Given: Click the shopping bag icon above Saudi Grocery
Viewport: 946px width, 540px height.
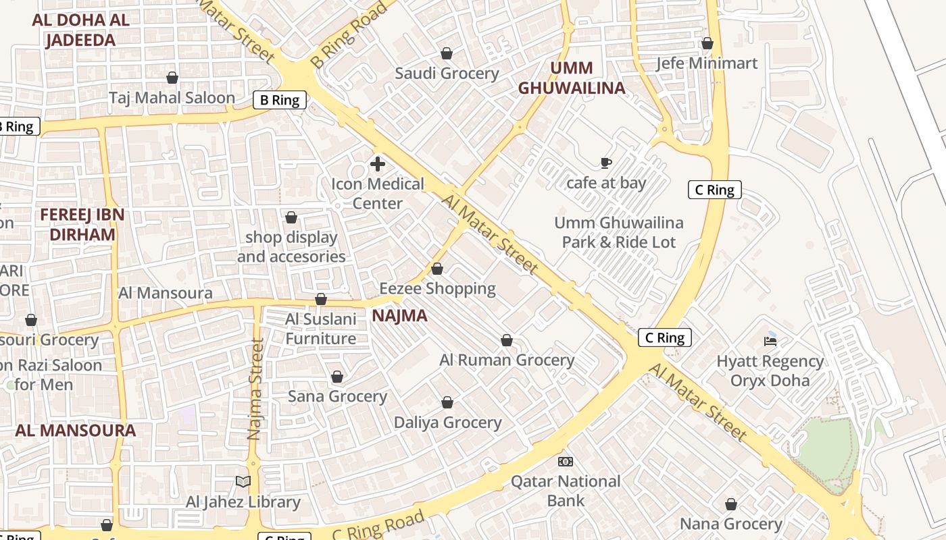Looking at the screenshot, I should [x=446, y=53].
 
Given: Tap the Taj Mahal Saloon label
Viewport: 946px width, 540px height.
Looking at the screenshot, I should [x=172, y=98].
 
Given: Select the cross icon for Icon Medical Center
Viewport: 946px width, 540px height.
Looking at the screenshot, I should [x=378, y=164].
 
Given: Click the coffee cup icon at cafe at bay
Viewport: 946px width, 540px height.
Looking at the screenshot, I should [x=606, y=163].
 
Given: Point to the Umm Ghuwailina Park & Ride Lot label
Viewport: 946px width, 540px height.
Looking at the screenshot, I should [x=618, y=232].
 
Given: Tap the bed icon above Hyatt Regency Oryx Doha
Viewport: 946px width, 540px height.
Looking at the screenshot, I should [x=770, y=341].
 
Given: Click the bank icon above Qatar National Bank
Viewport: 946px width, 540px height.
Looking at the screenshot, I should [x=566, y=462].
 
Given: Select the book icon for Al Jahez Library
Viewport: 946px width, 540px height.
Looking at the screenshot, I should [x=243, y=481].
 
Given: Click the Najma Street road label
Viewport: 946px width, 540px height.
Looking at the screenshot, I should [x=255, y=389].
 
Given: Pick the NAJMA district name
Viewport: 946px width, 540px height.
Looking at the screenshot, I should [x=399, y=316].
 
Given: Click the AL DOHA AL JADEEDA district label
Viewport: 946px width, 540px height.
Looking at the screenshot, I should [x=80, y=30].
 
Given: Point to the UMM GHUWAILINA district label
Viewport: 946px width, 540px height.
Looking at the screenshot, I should [x=572, y=78].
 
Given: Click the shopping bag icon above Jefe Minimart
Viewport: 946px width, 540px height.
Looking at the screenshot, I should [x=707, y=44].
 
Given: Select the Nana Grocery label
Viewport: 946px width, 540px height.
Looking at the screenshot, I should [x=730, y=524].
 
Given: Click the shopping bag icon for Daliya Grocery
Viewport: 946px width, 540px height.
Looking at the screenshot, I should [x=447, y=403].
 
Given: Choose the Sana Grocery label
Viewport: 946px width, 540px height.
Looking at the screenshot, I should [x=337, y=396].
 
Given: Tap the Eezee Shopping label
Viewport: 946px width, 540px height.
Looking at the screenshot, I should [x=437, y=289].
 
